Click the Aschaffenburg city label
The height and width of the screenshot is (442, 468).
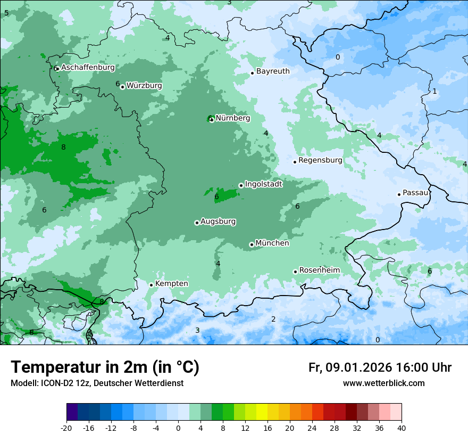point(88,68)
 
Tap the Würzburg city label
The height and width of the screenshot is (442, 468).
point(144,86)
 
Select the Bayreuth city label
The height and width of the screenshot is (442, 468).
point(273,71)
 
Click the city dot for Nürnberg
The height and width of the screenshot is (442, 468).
point(212,119)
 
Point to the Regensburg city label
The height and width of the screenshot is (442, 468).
point(320,160)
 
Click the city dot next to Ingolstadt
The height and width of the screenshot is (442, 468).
point(241,185)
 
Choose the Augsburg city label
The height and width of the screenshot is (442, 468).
point(218,222)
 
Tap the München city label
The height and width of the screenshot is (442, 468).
point(272,243)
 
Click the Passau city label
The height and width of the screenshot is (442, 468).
point(415,193)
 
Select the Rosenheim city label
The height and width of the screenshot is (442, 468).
point(319,271)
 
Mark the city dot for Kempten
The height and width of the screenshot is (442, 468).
point(151,285)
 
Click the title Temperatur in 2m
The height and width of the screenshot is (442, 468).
point(105,367)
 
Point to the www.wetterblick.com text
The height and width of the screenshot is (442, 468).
point(383,383)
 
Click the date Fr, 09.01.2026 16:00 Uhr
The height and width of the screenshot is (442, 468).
point(380,367)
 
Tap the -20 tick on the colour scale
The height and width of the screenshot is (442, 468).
point(66,428)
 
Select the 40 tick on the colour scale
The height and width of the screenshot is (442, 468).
point(402,428)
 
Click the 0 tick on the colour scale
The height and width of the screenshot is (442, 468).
point(178,428)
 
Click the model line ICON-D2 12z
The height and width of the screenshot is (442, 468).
point(97,383)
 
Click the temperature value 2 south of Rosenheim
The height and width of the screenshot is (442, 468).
point(273,320)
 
